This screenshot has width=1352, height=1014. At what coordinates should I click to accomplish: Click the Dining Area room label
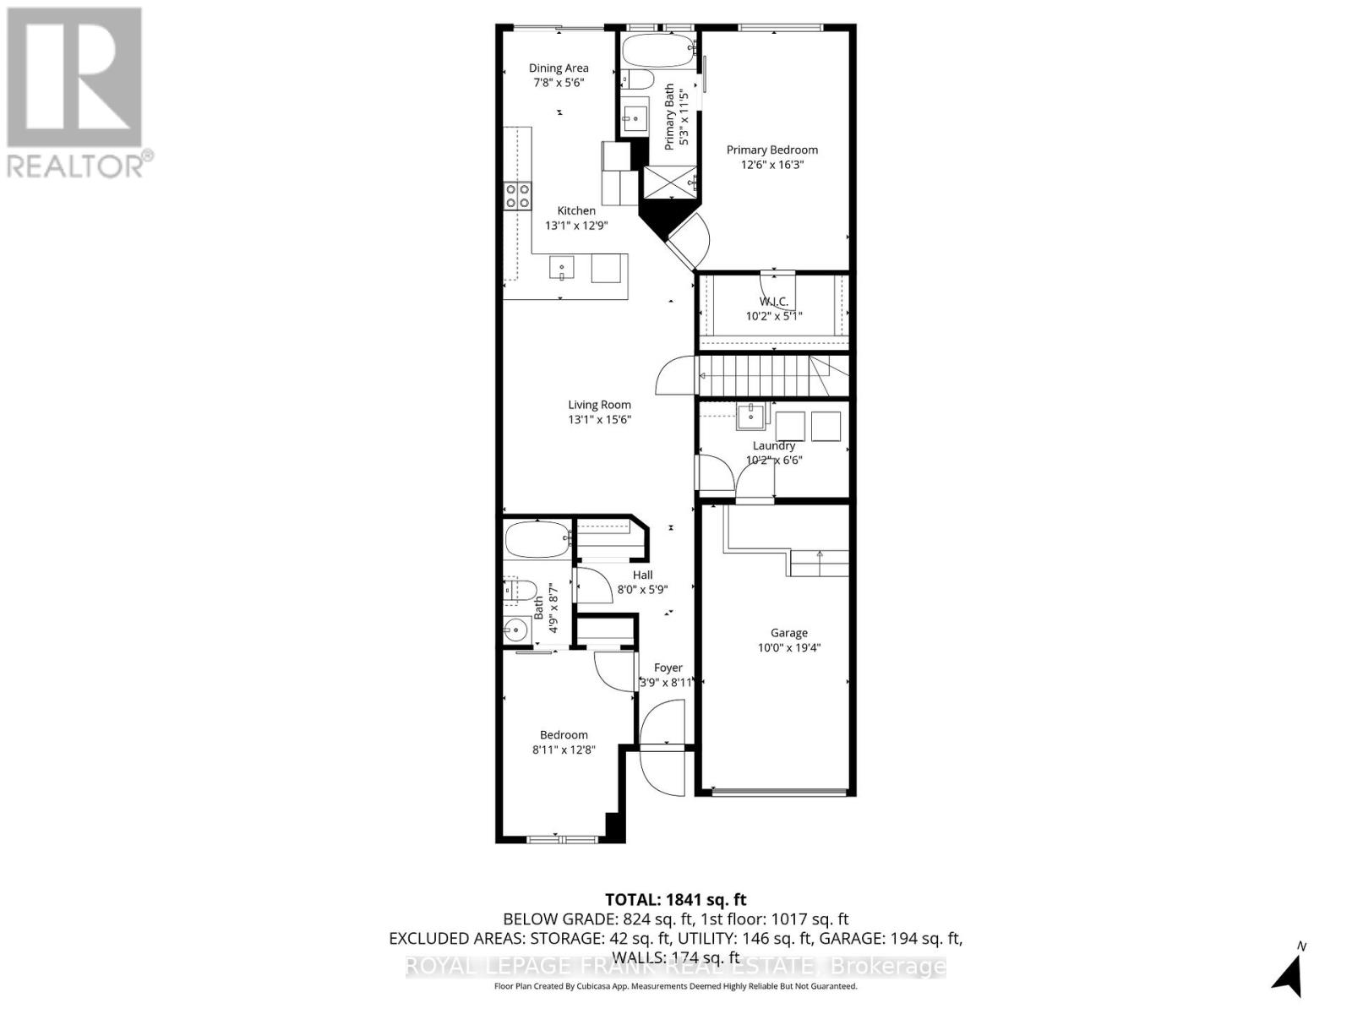click(x=559, y=68)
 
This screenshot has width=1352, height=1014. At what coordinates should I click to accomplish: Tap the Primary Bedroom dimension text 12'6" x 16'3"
click(x=772, y=165)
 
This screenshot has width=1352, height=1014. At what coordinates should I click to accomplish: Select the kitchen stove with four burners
click(x=518, y=196)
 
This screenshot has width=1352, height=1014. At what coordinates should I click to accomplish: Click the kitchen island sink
click(x=562, y=269)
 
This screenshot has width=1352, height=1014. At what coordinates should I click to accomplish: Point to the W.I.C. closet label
click(x=773, y=302)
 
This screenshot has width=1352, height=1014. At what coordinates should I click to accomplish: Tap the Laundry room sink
click(x=750, y=416)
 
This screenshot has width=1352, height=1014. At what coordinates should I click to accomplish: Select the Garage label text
click(x=788, y=633)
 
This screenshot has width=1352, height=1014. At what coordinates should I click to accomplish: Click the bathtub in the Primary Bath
click(x=657, y=51)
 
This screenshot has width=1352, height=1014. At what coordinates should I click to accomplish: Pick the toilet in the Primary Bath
click(x=636, y=80)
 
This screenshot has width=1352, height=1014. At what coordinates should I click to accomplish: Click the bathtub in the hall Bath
click(x=538, y=539)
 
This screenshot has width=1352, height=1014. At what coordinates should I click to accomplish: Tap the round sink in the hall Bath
click(x=515, y=630)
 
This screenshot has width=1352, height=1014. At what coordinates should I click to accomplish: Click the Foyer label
click(x=668, y=668)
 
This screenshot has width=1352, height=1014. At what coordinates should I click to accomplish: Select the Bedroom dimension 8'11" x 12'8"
click(x=564, y=750)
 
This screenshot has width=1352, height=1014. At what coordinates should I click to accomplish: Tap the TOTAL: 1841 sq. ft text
click(x=675, y=900)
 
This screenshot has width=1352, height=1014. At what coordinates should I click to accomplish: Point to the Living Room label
click(x=599, y=405)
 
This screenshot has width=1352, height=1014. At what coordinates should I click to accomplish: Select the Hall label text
click(x=642, y=575)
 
